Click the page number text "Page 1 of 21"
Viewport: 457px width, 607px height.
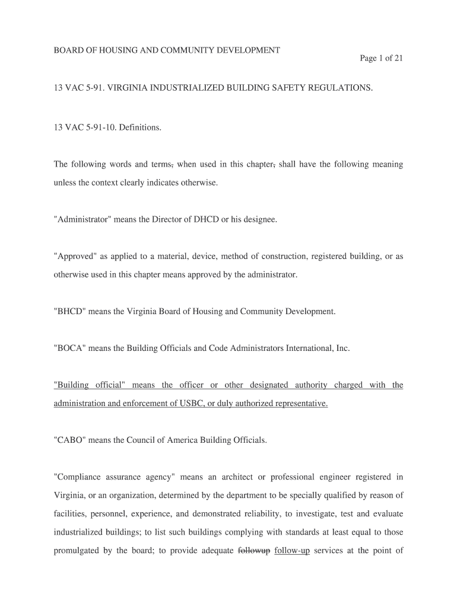[x=381, y=58]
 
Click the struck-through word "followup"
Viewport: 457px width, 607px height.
[x=254, y=550]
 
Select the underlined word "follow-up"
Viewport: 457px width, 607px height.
[x=292, y=550]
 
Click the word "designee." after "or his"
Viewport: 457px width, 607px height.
[x=261, y=219]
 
